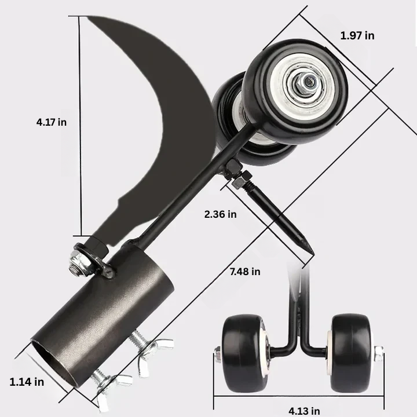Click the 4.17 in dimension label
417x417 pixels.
[51, 122]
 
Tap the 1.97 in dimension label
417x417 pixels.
[357, 35]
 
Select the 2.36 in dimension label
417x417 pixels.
[220, 214]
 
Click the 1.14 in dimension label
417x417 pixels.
[27, 382]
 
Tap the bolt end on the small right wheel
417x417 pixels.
[378, 353]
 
